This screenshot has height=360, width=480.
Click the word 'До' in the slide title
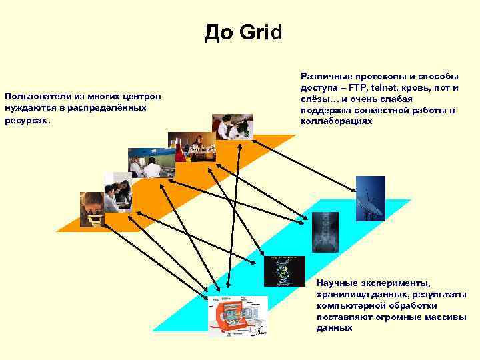[219, 31]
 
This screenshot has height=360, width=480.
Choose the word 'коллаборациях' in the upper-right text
[337, 121]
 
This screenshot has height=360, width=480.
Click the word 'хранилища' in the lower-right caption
[343, 295]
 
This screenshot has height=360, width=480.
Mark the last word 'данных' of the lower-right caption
[334, 328]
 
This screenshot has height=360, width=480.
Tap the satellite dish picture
[370, 198]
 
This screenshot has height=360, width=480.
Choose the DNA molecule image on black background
[285, 270]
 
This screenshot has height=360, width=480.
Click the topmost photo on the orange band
[233, 127]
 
